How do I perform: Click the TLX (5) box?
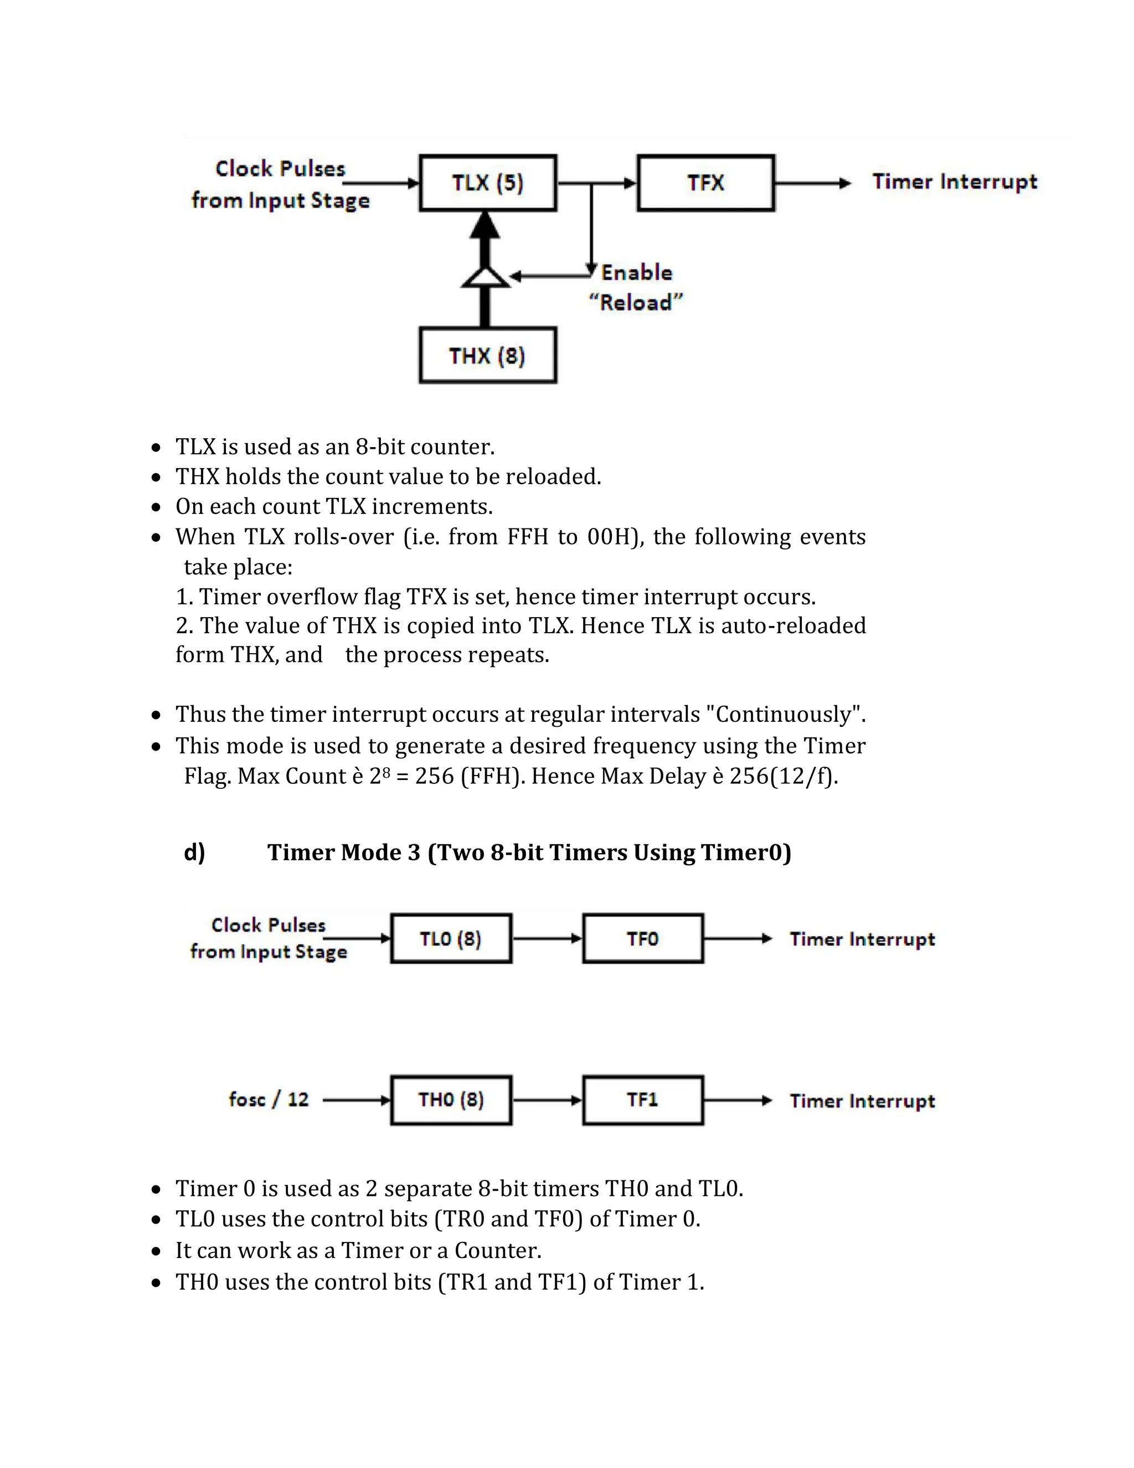coord(488,183)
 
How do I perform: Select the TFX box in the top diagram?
coord(705,183)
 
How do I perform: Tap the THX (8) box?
coord(488,356)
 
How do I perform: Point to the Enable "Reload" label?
coord(636,288)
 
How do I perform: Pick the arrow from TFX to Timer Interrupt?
coord(813,183)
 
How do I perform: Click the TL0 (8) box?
coord(451,938)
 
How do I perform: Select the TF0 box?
coord(643,938)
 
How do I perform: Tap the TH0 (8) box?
coord(451,1100)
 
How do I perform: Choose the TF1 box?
coord(643,1100)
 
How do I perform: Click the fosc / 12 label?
coord(269,1100)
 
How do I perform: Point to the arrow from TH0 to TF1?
coord(547,1100)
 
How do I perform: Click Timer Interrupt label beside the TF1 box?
coord(862,1101)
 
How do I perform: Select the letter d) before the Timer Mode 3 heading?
coord(194,853)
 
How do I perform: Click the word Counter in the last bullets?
coord(497,1250)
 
